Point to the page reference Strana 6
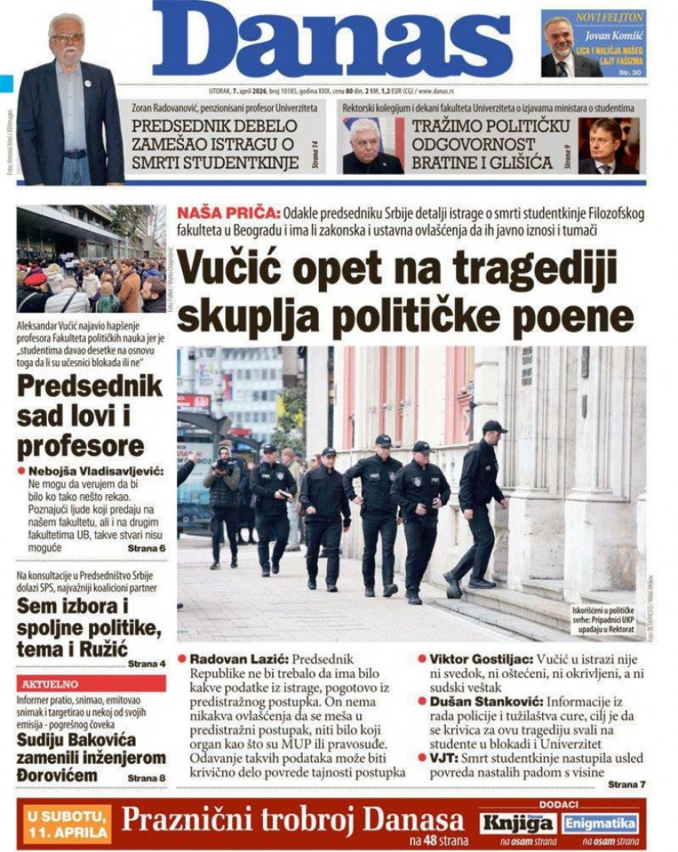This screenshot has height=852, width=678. [146, 548]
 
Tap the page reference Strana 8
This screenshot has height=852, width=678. [146, 777]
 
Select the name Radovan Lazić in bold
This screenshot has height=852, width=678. [239, 658]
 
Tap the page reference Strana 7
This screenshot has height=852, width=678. [626, 784]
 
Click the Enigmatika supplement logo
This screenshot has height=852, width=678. [601, 823]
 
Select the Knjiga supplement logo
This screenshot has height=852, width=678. [519, 823]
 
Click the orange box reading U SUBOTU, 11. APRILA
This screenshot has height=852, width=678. [66, 823]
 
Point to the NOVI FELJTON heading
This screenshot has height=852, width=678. [609, 17]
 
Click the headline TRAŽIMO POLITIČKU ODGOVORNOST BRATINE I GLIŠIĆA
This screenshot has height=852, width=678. [482, 144]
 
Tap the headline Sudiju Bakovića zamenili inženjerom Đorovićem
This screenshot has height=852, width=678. [91, 757]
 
